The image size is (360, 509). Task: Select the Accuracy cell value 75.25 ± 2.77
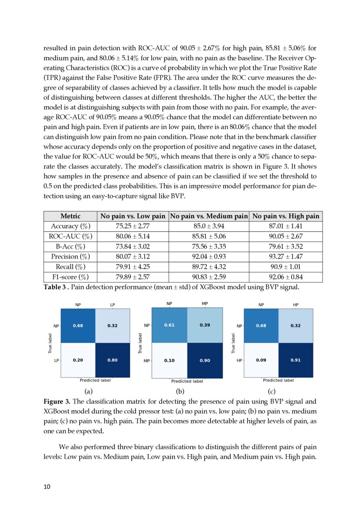[x=132, y=226]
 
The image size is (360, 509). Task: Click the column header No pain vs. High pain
[x=285, y=216]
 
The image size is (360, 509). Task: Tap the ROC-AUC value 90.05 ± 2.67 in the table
[x=285, y=236]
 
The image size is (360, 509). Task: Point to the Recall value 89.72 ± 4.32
[x=208, y=267]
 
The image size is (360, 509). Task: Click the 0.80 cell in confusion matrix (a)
[x=112, y=360]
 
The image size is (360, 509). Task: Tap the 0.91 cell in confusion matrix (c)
[x=296, y=360]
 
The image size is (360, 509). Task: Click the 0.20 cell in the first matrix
[x=78, y=360]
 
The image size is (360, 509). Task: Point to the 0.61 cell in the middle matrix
[x=170, y=325]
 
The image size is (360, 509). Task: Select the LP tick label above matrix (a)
[x=112, y=305]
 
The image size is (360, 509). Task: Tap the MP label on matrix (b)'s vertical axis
[x=146, y=361]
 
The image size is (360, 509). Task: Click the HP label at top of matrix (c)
[x=296, y=305]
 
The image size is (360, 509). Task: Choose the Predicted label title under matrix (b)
[x=187, y=381]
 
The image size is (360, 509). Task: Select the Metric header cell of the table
[x=70, y=216]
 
